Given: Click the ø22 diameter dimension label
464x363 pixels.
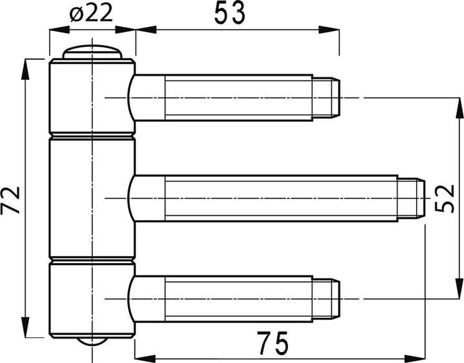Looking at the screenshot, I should click(x=91, y=13).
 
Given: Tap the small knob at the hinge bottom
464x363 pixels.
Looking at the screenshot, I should click(x=92, y=341).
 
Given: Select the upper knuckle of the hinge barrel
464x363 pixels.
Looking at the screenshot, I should click(x=92, y=97).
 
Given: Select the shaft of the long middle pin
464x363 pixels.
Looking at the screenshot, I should click(x=277, y=198).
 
